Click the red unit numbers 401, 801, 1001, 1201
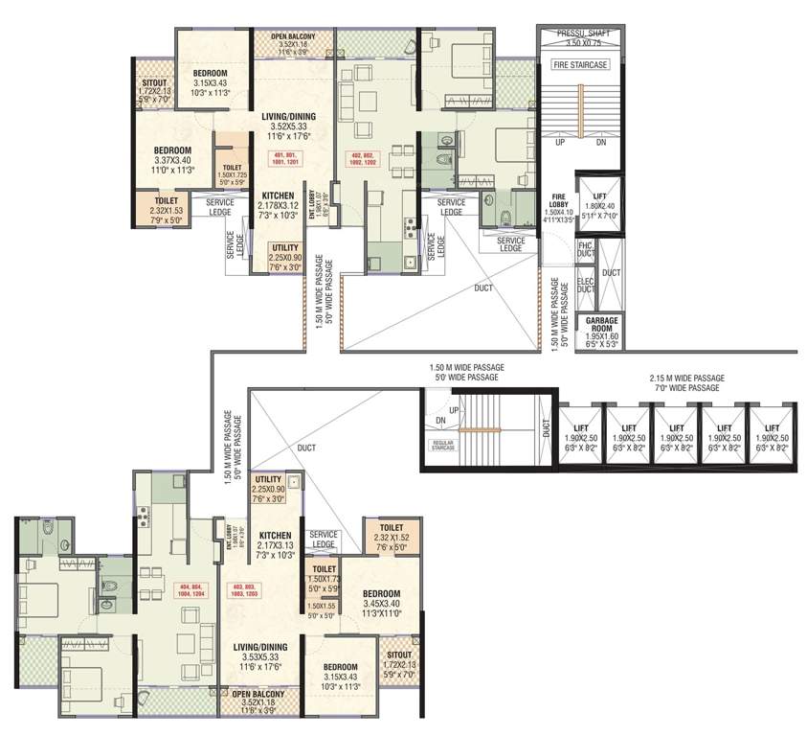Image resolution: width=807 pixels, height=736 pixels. [x=290, y=158]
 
